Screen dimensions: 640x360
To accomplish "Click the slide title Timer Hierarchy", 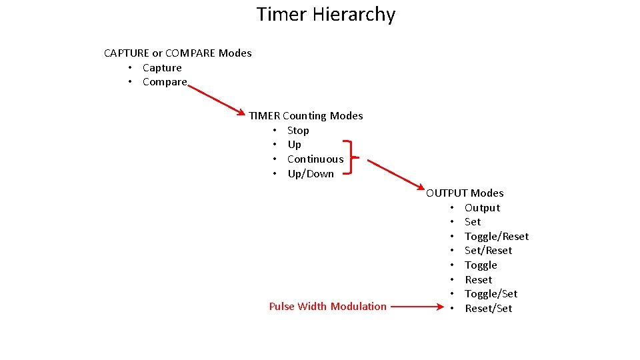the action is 325,14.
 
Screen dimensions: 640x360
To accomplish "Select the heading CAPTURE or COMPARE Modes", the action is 178,53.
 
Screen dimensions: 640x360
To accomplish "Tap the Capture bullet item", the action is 162,68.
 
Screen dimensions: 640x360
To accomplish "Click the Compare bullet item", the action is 165,82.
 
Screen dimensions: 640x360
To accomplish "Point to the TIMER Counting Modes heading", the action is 306,116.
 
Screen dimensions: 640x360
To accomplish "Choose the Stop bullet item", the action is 298,131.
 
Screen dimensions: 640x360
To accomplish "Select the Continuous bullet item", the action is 315,159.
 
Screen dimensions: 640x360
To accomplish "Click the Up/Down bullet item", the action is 311,174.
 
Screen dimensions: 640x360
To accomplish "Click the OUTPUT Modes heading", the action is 465,193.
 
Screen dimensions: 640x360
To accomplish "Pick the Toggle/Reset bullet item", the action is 497,237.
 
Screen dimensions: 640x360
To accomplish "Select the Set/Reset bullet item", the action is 489,251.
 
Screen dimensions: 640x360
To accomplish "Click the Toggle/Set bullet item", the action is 491,294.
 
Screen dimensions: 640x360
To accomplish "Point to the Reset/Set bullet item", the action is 489,309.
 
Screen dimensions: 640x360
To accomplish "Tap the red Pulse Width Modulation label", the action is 327,307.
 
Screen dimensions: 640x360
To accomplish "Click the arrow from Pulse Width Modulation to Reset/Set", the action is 416,307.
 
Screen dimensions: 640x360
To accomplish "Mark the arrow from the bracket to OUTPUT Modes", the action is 396,174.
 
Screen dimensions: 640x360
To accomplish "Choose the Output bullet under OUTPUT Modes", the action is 482,208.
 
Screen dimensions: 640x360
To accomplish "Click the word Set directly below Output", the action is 473,222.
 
